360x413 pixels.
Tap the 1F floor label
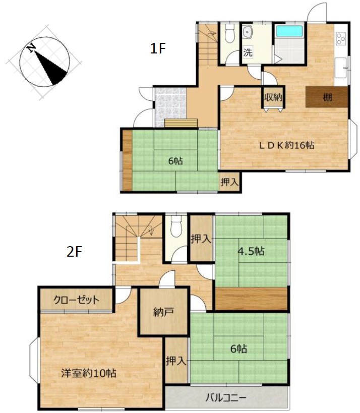tap(157, 48)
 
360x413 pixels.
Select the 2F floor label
tap(74, 252)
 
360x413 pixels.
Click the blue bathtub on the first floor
tap(289, 32)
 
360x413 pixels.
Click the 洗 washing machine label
tap(248, 52)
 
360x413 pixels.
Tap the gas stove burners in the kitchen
tap(341, 38)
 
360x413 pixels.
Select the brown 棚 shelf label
tap(327, 97)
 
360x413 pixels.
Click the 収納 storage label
tap(273, 97)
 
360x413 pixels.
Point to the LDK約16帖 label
tap(286, 145)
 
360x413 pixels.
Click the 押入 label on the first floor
tap(229, 182)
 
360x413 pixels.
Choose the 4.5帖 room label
tap(251, 251)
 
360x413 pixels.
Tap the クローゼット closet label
tap(76, 300)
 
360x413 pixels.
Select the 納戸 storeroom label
tap(163, 312)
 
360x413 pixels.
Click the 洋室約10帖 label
tap(89, 373)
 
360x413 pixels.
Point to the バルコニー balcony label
tap(226, 397)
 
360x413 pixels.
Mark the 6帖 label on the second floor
tap(238, 349)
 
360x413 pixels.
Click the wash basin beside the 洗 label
tap(247, 33)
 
